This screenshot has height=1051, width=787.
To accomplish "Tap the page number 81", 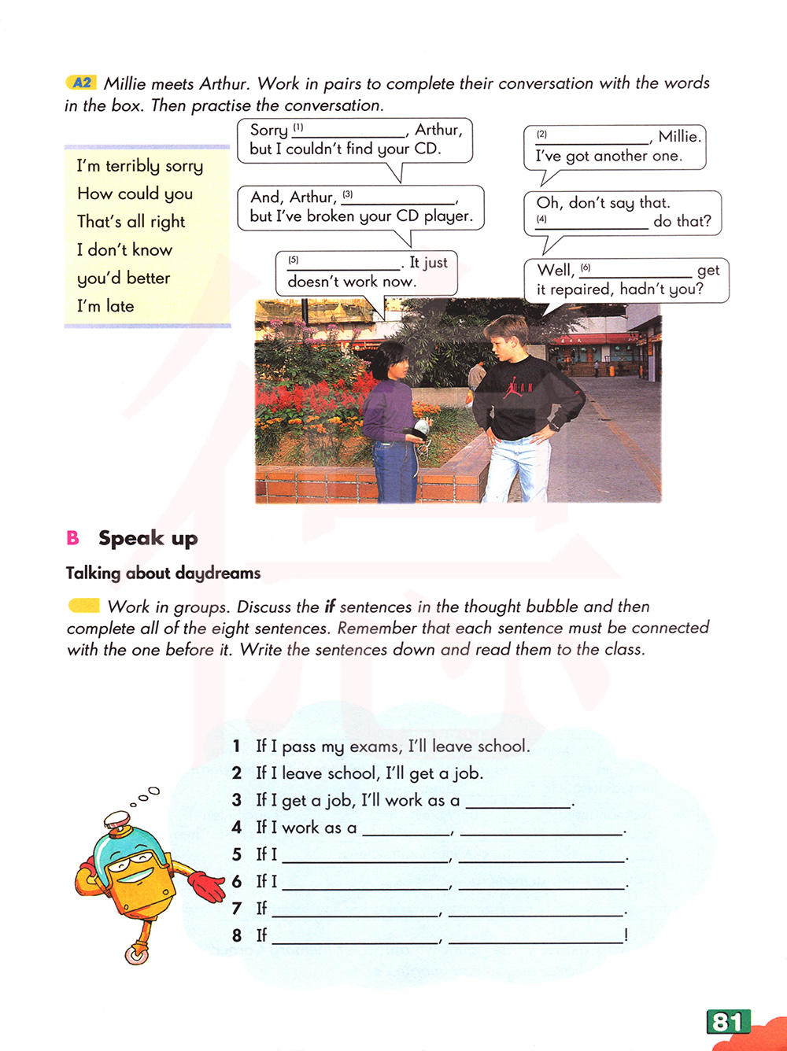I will coord(727,1022).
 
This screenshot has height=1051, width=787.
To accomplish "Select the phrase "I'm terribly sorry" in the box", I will coord(139,166).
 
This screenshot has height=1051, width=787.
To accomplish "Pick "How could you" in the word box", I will coord(135,194).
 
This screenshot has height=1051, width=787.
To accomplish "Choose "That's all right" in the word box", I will coord(131,222).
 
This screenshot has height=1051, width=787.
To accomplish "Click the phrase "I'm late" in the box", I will coord(105,306).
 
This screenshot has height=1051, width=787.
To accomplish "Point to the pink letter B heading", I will coord(73,538).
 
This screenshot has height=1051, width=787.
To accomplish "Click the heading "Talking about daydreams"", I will coord(163,573).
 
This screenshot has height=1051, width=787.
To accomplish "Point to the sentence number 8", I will coord(237,935).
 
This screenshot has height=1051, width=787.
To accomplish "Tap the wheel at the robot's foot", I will coord(137,955).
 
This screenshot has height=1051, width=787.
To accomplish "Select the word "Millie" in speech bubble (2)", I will coord(678,136).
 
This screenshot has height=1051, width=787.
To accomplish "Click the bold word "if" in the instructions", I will coord(330,607).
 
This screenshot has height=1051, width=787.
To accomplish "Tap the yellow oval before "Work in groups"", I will coord(84,606).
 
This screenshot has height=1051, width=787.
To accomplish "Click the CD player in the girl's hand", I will coord(422,428).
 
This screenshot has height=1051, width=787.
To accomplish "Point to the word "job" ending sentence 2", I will coord(467,773).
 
